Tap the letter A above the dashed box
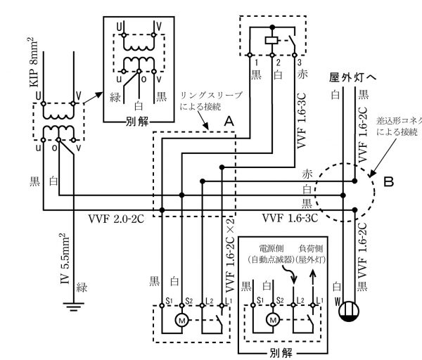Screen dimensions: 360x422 pyautogui.click(x=227, y=122)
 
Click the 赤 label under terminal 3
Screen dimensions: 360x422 pyautogui.click(x=304, y=74)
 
